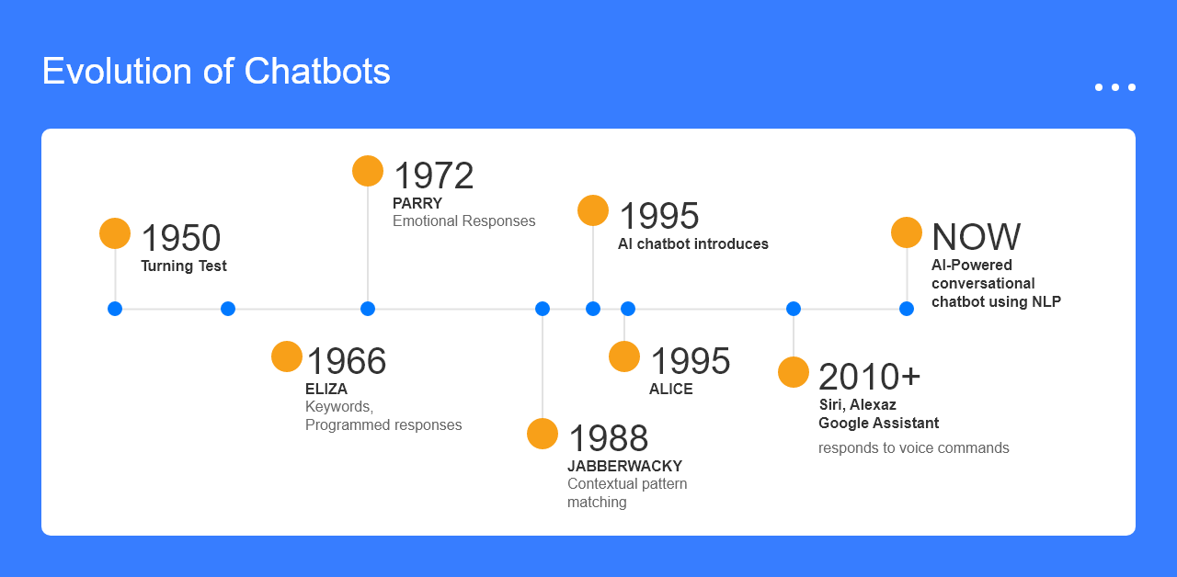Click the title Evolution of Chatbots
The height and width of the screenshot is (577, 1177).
[x=216, y=71]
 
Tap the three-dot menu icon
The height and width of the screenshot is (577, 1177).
[x=1115, y=87]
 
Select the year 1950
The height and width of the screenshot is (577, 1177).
[x=181, y=238]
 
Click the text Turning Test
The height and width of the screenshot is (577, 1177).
[x=183, y=266]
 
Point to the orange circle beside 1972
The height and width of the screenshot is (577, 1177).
[x=368, y=171]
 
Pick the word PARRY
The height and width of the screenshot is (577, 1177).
[x=417, y=203]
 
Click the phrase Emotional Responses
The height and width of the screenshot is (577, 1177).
[x=464, y=221]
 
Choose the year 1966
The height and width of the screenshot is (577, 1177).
[x=347, y=361]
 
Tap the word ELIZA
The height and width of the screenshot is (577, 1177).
[x=326, y=389]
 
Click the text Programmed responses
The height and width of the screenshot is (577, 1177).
[x=383, y=424]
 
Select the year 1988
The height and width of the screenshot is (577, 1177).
[x=608, y=438]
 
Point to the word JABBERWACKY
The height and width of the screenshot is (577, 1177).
[x=624, y=466]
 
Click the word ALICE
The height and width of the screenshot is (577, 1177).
[x=671, y=389]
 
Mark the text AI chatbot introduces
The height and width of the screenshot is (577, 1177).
[x=693, y=243]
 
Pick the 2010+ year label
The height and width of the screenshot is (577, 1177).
[x=869, y=377]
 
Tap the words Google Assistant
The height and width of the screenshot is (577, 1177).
[x=878, y=423]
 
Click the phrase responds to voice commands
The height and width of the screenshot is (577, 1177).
[x=914, y=447]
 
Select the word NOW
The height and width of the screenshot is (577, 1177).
[x=976, y=237]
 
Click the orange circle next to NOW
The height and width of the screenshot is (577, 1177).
[x=907, y=232]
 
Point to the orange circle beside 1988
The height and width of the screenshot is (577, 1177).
[x=543, y=434]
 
